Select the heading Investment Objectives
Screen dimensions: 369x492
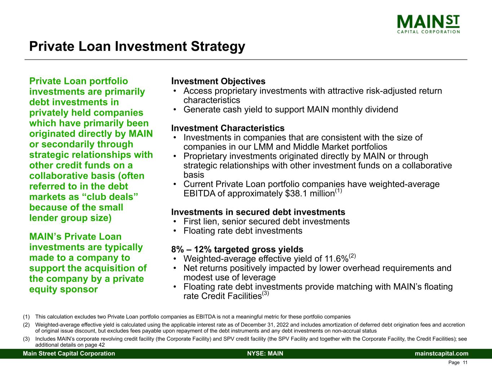click(218, 81)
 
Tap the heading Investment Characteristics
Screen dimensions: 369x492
click(227, 128)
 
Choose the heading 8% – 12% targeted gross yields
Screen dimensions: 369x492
click(237, 249)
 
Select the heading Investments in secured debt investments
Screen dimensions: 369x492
click(258, 212)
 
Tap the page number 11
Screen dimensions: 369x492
click(465, 363)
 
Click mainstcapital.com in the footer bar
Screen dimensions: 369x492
click(442, 354)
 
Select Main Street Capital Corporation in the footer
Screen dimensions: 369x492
click(69, 354)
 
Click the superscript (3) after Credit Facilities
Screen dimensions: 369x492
click(266, 294)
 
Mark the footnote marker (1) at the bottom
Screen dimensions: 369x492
click(26, 317)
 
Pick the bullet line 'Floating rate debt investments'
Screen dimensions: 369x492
click(243, 231)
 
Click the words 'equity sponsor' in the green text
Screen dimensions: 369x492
click(63, 289)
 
